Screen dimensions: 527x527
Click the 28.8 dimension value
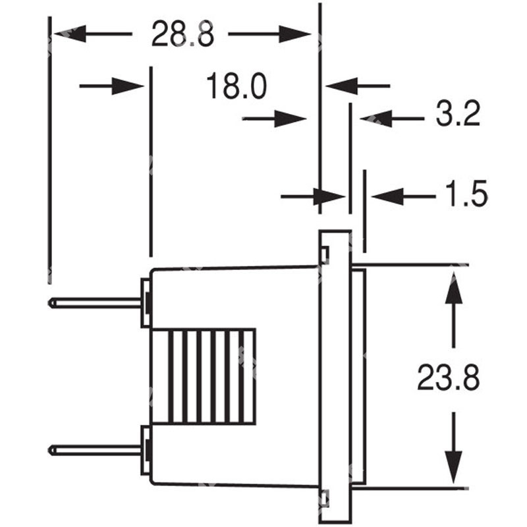tap(182, 34)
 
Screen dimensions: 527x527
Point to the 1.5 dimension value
tap(464, 195)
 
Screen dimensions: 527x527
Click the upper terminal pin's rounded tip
tap(53, 303)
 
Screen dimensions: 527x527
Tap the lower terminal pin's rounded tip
tap(53, 450)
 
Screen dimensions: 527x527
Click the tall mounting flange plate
tap(335, 375)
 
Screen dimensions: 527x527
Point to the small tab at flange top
tap(325, 254)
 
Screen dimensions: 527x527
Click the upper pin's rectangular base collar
tap(146, 302)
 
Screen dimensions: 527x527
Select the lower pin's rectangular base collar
tap(146, 450)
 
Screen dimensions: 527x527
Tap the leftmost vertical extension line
tap(49, 152)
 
